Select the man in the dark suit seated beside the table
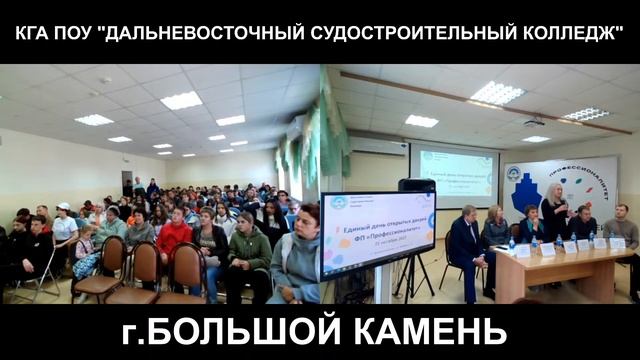click(466, 244)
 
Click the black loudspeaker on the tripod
click(416, 187)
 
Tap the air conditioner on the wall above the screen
click(378, 145)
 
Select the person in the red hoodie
click(174, 237)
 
